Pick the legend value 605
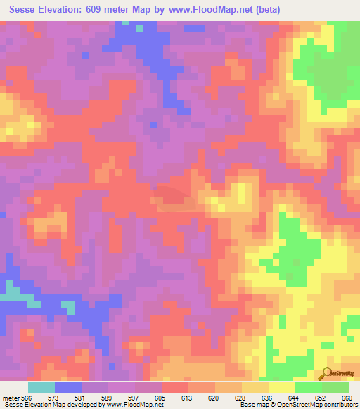[x=162, y=397]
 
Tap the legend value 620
[x=215, y=397]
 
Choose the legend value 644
[x=295, y=397]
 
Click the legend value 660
[x=348, y=397]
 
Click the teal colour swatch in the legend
[x=41, y=387]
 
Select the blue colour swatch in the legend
[x=68, y=387]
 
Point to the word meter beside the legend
[x=9, y=397]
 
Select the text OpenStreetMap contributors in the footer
[x=319, y=405]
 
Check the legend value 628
[x=242, y=397]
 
